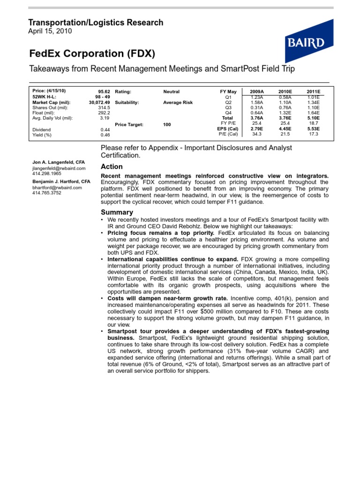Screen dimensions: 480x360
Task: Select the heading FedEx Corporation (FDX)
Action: click(x=92, y=53)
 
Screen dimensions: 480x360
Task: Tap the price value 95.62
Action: click(x=104, y=91)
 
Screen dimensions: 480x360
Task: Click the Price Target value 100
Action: click(x=167, y=124)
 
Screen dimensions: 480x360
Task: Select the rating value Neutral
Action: click(x=171, y=91)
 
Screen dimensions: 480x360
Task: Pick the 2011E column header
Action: click(x=314, y=91)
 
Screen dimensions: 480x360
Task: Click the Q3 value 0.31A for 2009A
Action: click(x=257, y=107)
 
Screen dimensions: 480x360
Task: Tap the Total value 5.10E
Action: click(x=314, y=118)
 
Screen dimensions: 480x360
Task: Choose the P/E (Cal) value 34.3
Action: click(x=257, y=134)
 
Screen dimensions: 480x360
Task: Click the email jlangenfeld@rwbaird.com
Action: click(x=59, y=168)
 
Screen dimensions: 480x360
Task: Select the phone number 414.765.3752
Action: click(x=47, y=193)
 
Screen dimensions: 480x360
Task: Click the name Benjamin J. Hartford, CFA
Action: click(x=61, y=181)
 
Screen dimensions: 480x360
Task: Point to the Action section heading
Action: click(x=112, y=166)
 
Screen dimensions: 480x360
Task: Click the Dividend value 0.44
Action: click(x=105, y=129)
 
